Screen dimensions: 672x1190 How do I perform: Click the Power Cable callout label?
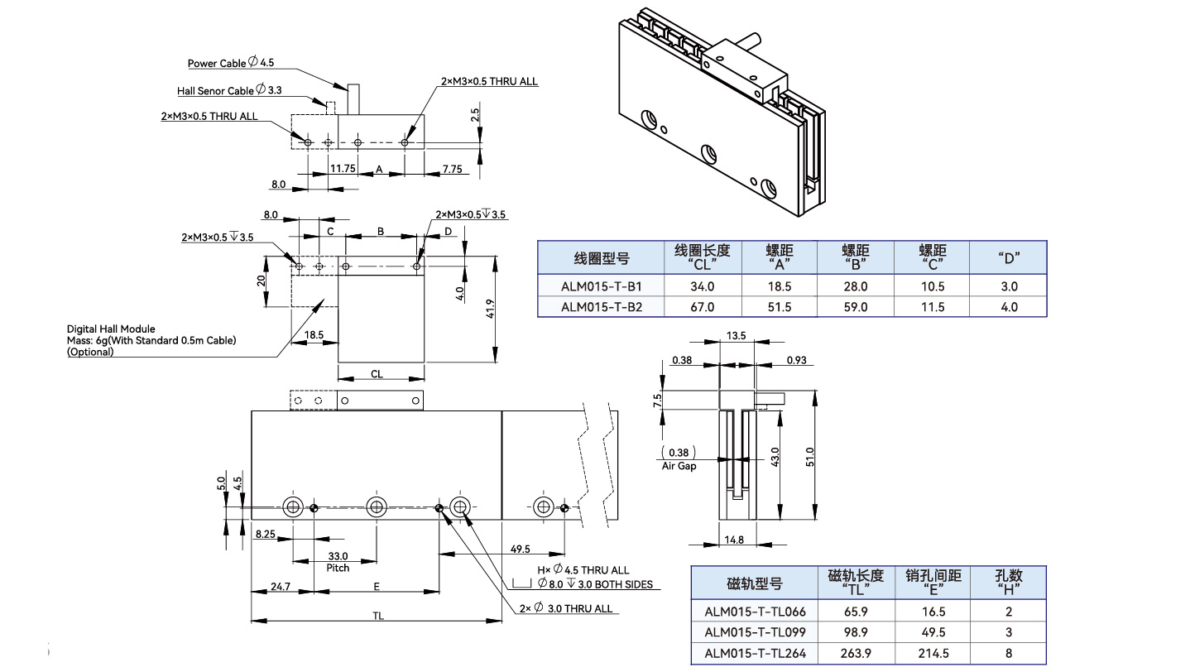tap(230, 63)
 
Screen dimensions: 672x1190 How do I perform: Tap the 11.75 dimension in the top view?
tap(343, 168)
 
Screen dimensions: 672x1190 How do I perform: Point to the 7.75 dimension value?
tap(452, 169)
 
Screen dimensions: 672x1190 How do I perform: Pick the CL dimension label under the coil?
tap(377, 374)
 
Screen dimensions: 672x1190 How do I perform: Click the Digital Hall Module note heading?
tap(111, 329)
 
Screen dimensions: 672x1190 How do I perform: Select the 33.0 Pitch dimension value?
tap(338, 556)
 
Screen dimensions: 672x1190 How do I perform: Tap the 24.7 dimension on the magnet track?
tap(281, 587)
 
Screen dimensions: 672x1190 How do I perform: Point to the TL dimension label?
tap(377, 616)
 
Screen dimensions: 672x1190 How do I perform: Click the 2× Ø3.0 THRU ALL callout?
tap(566, 609)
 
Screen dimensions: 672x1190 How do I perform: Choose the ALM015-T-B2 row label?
tap(602, 307)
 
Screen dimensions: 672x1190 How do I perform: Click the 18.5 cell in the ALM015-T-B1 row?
tap(780, 286)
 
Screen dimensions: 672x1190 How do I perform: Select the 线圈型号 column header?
tap(602, 258)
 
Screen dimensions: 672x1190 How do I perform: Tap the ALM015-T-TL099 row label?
tap(755, 632)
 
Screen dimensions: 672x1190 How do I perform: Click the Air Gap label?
tap(679, 466)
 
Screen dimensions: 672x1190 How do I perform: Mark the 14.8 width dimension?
tap(734, 540)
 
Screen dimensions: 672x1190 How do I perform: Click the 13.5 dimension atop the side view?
tap(737, 335)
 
